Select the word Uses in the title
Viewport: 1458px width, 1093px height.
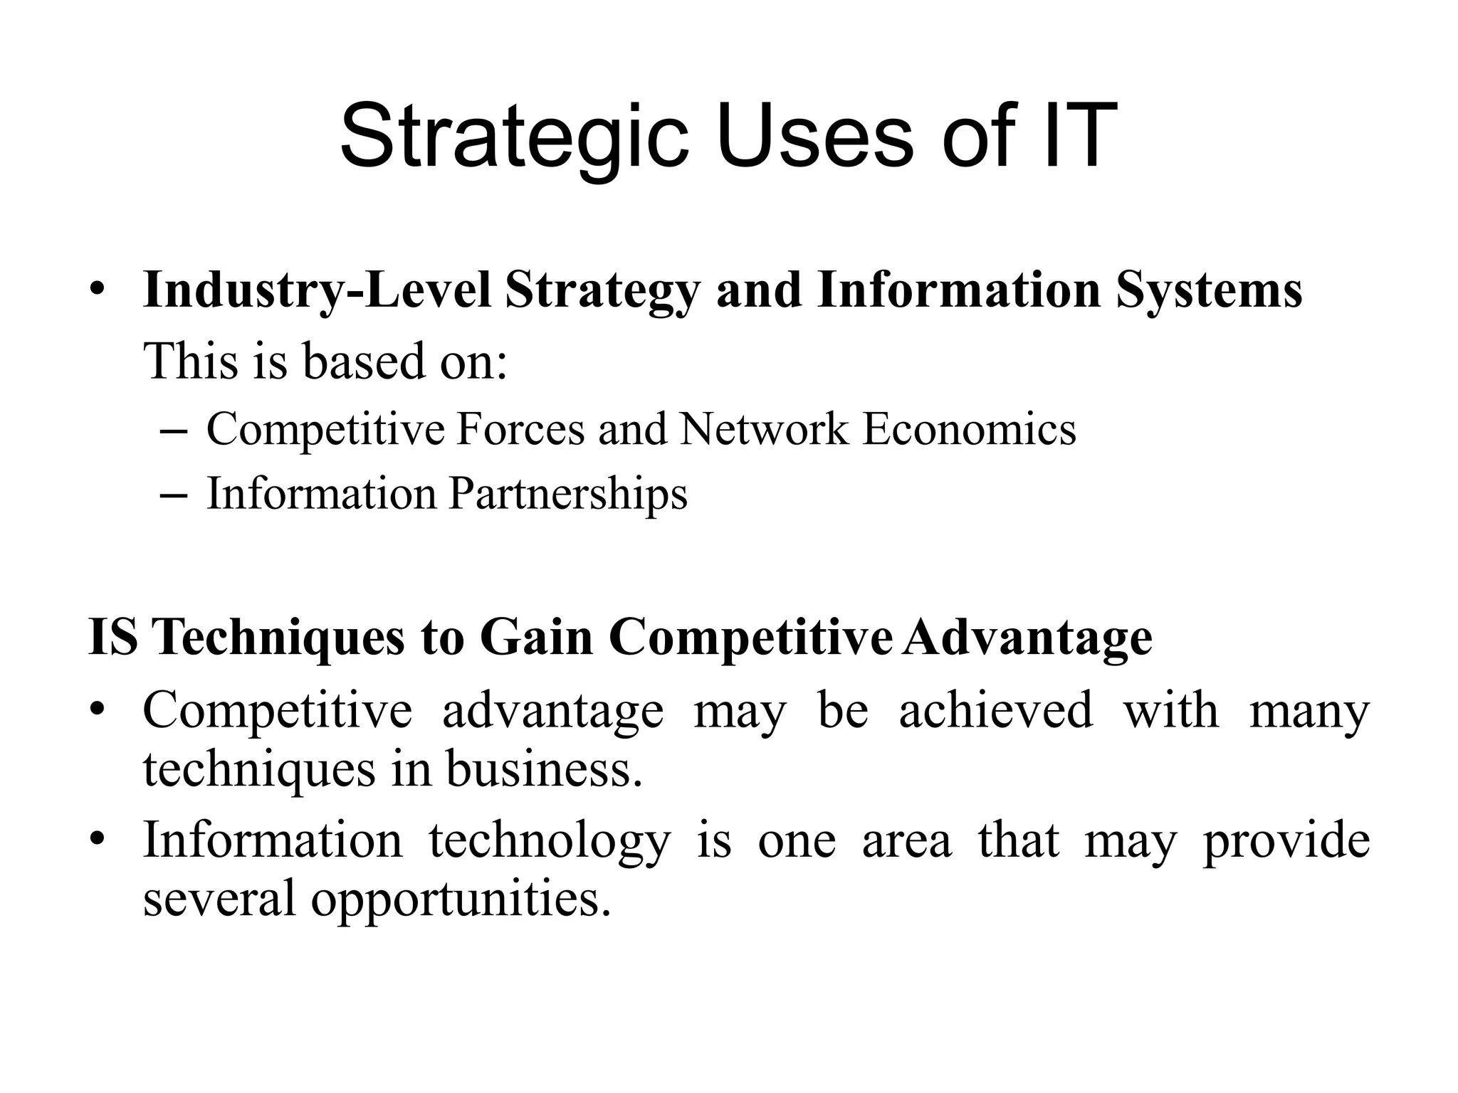pyautogui.click(x=814, y=135)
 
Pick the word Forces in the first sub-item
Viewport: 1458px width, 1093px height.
pyautogui.click(x=520, y=429)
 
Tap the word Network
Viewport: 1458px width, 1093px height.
pyautogui.click(x=764, y=429)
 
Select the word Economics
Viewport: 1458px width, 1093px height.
pyautogui.click(x=969, y=429)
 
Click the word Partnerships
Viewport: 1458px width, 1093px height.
pyautogui.click(x=568, y=494)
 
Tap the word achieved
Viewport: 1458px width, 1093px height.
pyautogui.click(x=995, y=710)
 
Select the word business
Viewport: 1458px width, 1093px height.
pyautogui.click(x=544, y=769)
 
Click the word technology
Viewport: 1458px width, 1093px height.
pyautogui.click(x=550, y=840)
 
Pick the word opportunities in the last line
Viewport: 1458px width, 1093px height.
pyautogui.click(x=461, y=899)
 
